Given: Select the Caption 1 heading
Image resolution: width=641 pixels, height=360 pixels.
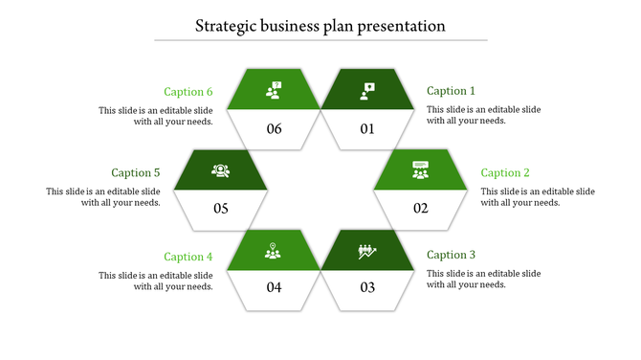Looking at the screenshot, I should pos(451,91).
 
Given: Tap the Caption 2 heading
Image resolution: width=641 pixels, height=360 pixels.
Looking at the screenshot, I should pos(505,173).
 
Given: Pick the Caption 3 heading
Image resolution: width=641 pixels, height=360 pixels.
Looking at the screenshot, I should pos(451,255).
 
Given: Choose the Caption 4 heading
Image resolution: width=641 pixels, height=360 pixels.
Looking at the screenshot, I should pos(188,257).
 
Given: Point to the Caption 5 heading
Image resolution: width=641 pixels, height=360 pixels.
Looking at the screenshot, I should pos(136,173).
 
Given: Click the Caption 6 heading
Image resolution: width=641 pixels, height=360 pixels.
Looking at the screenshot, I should pos(188,92).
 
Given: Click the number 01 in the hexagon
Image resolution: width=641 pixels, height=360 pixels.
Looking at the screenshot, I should pos(367,128).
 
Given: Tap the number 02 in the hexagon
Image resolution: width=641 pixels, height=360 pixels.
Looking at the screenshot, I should pos(420,209).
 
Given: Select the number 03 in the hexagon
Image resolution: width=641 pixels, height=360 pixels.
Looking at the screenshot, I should pos(367,287).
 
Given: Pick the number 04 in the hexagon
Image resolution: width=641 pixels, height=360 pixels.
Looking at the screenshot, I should pos(275,287).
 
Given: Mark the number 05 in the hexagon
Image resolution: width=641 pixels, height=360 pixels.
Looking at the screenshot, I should pos(221,209).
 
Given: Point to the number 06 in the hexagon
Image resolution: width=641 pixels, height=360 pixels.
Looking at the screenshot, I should pos(275,128).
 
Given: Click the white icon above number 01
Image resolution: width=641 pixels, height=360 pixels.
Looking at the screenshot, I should pos(367,91).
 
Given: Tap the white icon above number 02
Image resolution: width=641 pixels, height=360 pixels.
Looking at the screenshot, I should pos(420,170).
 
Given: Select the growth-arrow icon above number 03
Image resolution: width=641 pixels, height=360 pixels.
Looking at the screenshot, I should pos(367,252).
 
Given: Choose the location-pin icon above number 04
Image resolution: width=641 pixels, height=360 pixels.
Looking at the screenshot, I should pos(275,252).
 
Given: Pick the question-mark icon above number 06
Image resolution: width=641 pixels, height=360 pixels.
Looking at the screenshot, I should pos(275,91).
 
